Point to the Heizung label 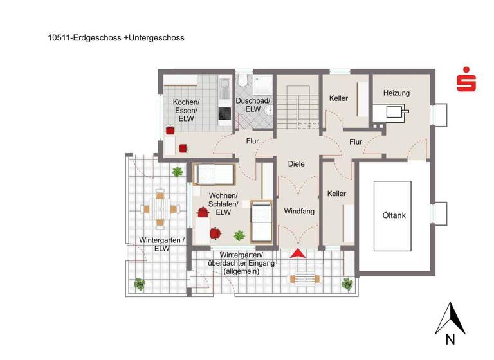point(396,93)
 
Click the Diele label point(296,164)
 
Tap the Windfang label point(298,211)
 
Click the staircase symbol point(298,105)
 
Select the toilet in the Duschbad point(242,82)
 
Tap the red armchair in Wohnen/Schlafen point(203,212)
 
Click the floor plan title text point(116,38)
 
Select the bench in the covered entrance point(304,278)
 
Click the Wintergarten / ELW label point(162,244)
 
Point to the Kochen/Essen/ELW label point(186,110)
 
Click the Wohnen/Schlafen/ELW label point(224,204)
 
